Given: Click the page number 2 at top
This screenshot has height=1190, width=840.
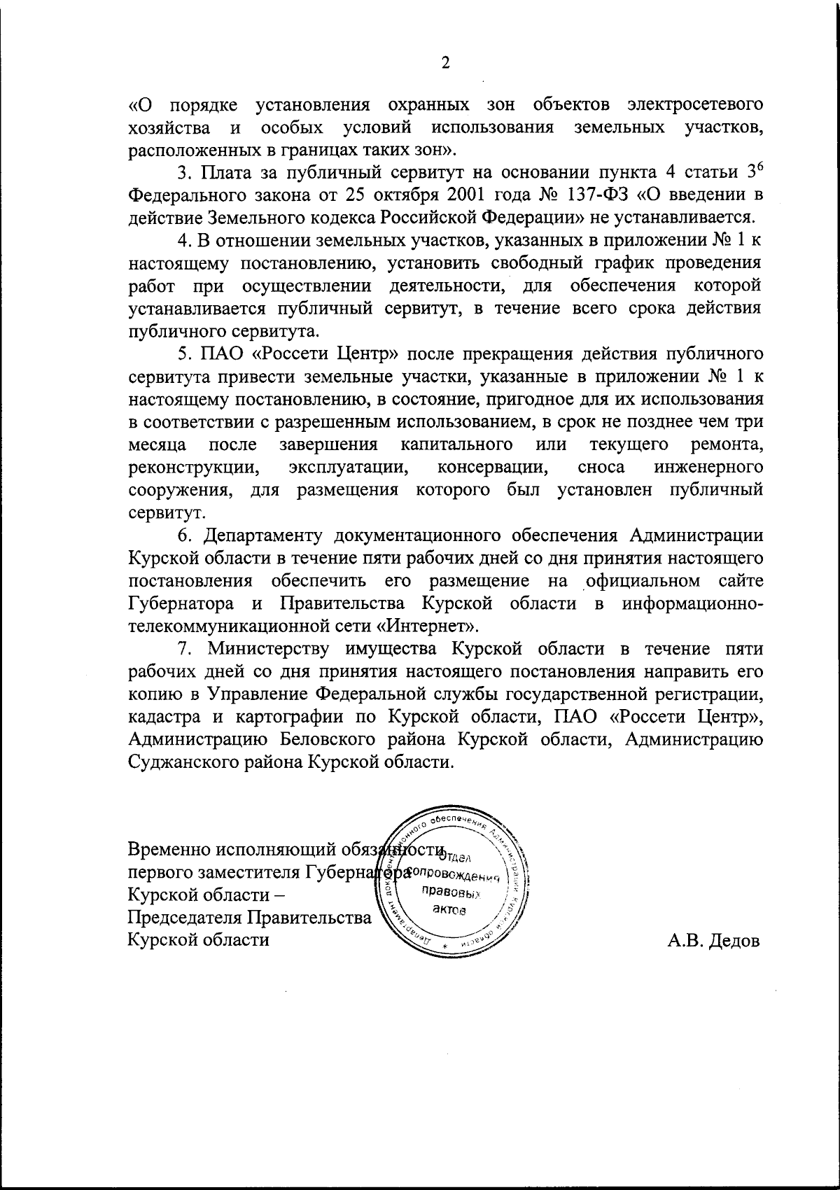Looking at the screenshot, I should coord(445,64).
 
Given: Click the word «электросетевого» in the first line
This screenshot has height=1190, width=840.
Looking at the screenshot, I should coord(694,106).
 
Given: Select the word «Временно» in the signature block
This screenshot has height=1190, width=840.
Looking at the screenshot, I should coord(169,850).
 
